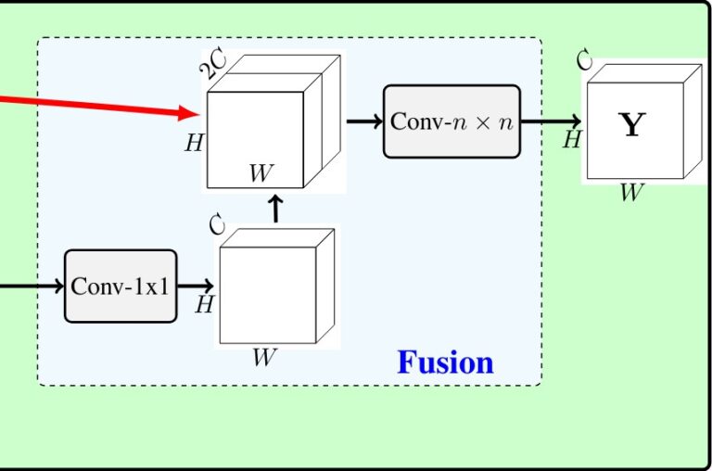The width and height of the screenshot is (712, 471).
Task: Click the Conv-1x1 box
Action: tap(121, 286)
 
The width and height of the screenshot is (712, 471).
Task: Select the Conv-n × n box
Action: tap(451, 121)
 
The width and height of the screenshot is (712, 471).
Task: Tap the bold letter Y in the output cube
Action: tap(631, 124)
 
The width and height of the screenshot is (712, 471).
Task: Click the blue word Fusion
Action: tap(445, 362)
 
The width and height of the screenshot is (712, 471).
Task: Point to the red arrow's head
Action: tap(192, 113)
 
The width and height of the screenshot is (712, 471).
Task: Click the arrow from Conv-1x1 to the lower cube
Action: tap(197, 286)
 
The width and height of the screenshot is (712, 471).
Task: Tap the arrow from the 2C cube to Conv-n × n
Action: tap(364, 121)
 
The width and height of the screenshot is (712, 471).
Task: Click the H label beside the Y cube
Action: tap(572, 141)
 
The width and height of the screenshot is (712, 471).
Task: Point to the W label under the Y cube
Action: tap(631, 193)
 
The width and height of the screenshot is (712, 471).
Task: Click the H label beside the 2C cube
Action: tap(194, 143)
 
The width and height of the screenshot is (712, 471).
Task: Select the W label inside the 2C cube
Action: tap(261, 172)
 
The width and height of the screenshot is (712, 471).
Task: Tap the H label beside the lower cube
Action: tap(205, 304)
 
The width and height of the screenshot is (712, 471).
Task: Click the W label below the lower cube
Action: tap(264, 359)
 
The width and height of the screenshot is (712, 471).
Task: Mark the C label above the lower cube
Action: tap(218, 224)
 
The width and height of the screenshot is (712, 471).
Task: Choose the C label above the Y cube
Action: tap(584, 60)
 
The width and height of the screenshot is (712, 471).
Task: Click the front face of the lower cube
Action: tap(267, 295)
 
